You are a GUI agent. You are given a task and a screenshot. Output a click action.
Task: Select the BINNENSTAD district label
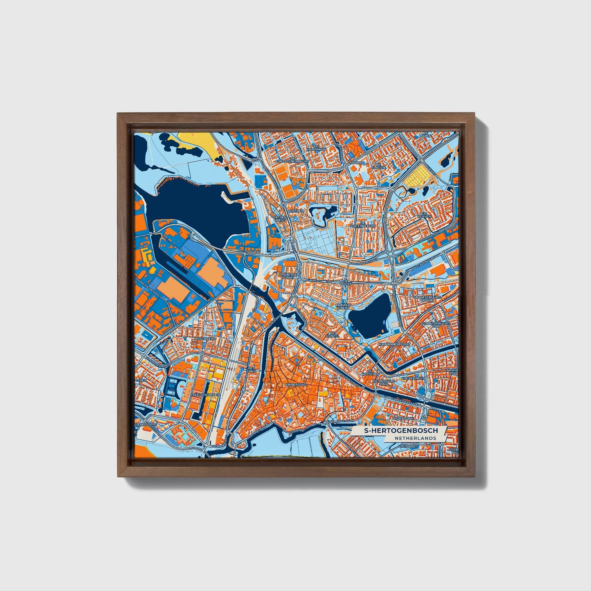click(x=296, y=385)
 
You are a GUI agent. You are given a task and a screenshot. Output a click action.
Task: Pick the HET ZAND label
click(x=251, y=369)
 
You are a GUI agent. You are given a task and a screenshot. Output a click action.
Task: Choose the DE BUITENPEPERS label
click(x=363, y=224)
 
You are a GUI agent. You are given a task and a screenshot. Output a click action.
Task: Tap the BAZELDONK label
click(x=402, y=419)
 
